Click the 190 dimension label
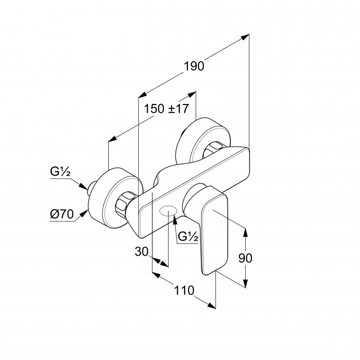tap(194, 66)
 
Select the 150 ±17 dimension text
tap(166, 108)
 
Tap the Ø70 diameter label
tap(62, 214)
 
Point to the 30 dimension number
tap(141, 252)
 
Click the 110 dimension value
tap(184, 290)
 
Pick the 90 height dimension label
tap(245, 258)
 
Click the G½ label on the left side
tap(60, 172)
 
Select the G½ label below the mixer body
tap(188, 236)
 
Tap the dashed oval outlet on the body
tap(168, 211)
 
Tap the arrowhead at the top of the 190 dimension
tap(245, 37)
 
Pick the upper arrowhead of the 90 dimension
tap(245, 233)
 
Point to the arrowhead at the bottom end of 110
tap(211, 306)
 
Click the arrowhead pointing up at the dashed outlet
tap(175, 220)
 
